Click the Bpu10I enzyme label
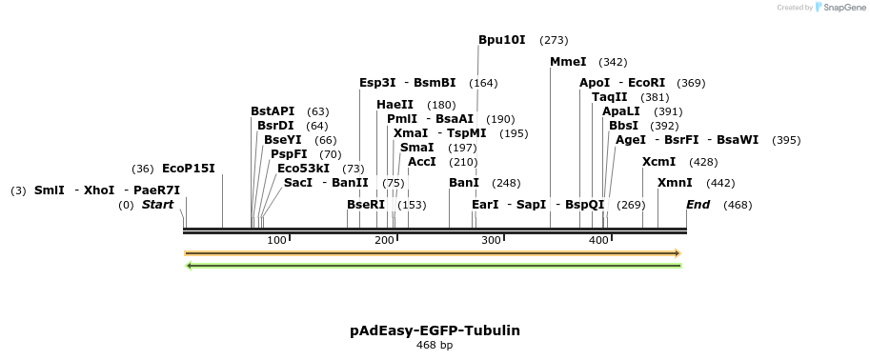pyautogui.click(x=501, y=40)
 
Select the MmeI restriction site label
pyautogui.click(x=568, y=62)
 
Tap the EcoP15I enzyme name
pyautogui.click(x=189, y=169)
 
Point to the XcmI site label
pyautogui.click(x=658, y=162)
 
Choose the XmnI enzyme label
pyautogui.click(x=675, y=183)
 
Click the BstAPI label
pyautogui.click(x=273, y=111)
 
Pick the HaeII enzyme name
pyautogui.click(x=395, y=105)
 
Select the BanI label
pyautogui.click(x=464, y=183)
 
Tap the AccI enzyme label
pyautogui.click(x=422, y=162)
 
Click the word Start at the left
pyautogui.click(x=158, y=205)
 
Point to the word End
pyautogui.click(x=698, y=205)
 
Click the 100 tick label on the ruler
pyautogui.click(x=276, y=240)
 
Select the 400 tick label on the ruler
pyautogui.click(x=598, y=240)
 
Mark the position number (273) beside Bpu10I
pyautogui.click(x=554, y=41)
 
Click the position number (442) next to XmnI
pyautogui.click(x=720, y=184)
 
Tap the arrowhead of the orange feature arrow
pyautogui.click(x=677, y=253)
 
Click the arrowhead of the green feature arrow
pyautogui.click(x=190, y=266)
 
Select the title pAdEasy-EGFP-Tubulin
pyautogui.click(x=435, y=330)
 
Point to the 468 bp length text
pyautogui.click(x=435, y=345)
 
